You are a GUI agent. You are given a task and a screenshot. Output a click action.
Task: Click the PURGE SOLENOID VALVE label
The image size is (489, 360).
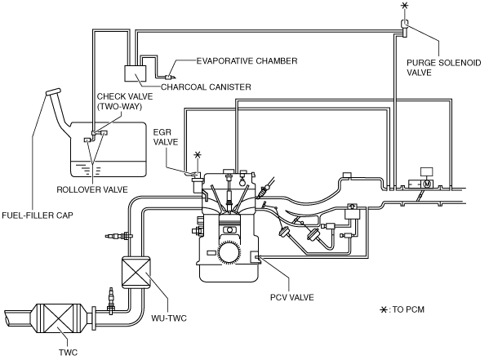pos(443,68)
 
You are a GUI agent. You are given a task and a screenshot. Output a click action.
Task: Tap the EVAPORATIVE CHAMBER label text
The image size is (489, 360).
pos(247,61)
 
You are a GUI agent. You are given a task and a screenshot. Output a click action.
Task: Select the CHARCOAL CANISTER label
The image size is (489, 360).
pos(206,87)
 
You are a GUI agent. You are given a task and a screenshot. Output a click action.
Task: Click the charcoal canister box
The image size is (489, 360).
pos(135,73)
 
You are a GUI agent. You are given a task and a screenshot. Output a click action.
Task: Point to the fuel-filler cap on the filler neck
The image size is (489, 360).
pos(53,92)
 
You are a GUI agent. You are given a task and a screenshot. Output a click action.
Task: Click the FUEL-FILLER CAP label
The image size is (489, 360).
pos(38,216)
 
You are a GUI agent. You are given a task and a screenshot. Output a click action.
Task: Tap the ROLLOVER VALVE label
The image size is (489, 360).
pos(92,189)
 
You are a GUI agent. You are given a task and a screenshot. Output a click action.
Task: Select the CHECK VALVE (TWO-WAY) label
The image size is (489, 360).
pos(125,101)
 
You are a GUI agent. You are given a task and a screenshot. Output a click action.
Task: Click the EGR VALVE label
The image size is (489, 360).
pos(165,137)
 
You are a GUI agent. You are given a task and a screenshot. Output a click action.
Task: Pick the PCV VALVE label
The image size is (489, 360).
pos(292,297)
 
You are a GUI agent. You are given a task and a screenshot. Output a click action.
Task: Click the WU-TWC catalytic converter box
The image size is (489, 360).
pos(136,271)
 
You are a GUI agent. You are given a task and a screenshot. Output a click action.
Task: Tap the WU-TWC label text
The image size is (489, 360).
pos(169,318)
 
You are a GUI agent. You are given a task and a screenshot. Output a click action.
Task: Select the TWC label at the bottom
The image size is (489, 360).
pos(69,353)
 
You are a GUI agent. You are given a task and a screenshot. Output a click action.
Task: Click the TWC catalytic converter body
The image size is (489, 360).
pos(57,318)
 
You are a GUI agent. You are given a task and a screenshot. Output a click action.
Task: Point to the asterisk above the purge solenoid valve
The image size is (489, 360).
pos(404,6)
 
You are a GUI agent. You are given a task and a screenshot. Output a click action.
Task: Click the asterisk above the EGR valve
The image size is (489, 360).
pos(198,155)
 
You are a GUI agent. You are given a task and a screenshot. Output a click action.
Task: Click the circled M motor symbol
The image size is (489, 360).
pos(427,184)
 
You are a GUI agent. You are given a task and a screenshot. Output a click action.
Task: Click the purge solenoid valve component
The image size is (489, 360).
pos(404,27)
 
